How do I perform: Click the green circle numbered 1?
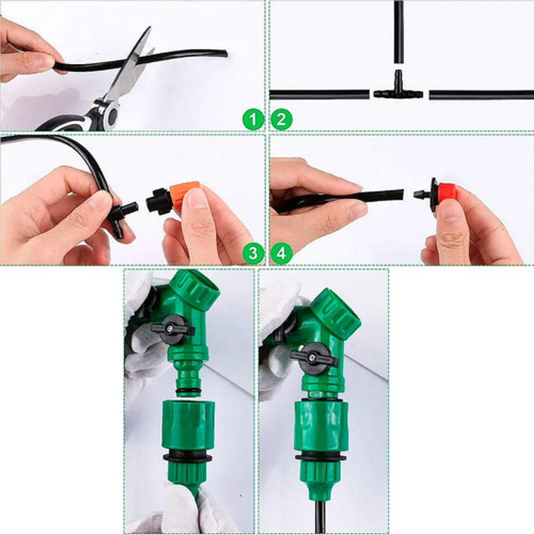tap(253, 119)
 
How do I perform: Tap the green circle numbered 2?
tap(281, 119)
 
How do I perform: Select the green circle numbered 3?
tap(253, 254)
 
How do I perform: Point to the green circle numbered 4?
tap(281, 254)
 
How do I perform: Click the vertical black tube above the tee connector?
tap(398, 32)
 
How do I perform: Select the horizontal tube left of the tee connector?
tap(319, 95)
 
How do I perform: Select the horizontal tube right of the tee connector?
tap(481, 95)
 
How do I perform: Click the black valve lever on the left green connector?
tap(173, 329)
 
